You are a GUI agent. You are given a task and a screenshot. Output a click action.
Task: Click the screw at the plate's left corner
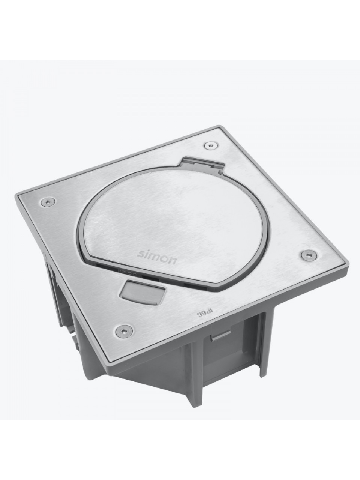pos(48,202)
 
